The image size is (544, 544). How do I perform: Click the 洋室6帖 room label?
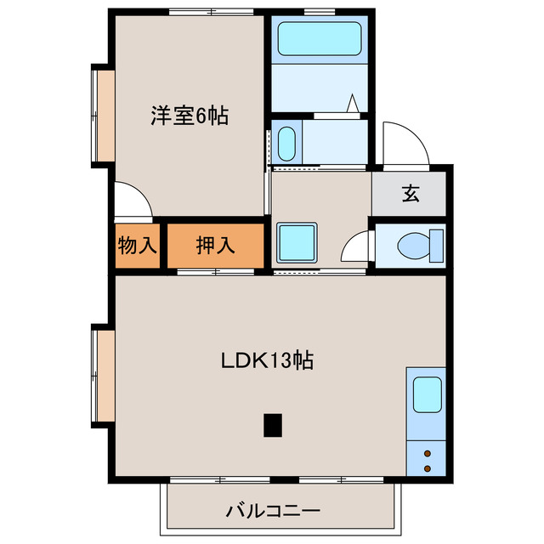(x=190, y=116)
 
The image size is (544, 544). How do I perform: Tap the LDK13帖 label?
(x=268, y=360)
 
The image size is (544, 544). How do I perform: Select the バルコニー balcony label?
(x=272, y=512)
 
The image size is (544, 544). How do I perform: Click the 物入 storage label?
(x=137, y=246)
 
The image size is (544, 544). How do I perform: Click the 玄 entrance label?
(x=411, y=194)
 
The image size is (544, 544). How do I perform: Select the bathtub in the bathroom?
(x=320, y=39)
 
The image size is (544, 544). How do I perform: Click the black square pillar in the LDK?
(x=272, y=424)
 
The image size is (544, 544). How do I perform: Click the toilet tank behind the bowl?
(x=437, y=246)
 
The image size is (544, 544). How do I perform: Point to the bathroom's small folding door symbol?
(x=352, y=105)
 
